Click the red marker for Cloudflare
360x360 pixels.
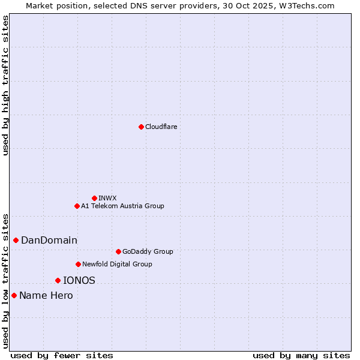click(141, 127)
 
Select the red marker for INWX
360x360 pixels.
click(94, 198)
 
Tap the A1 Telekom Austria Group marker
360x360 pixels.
click(77, 206)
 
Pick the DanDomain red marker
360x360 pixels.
click(16, 240)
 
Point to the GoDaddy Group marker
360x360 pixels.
click(118, 251)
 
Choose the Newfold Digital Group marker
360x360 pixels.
click(78, 264)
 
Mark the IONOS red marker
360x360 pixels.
click(58, 280)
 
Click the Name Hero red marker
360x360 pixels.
click(14, 295)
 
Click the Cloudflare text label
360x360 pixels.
click(161, 127)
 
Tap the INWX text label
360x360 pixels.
click(107, 198)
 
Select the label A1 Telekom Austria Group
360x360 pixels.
click(122, 206)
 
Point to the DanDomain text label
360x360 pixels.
click(49, 241)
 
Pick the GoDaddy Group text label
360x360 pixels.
click(148, 251)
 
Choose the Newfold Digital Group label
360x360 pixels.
click(117, 264)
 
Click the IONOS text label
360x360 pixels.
click(79, 280)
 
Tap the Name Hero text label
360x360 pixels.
click(46, 296)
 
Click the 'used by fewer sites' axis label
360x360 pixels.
click(62, 355)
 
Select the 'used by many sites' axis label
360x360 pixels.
click(301, 355)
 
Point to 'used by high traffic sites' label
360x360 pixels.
click(6, 85)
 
